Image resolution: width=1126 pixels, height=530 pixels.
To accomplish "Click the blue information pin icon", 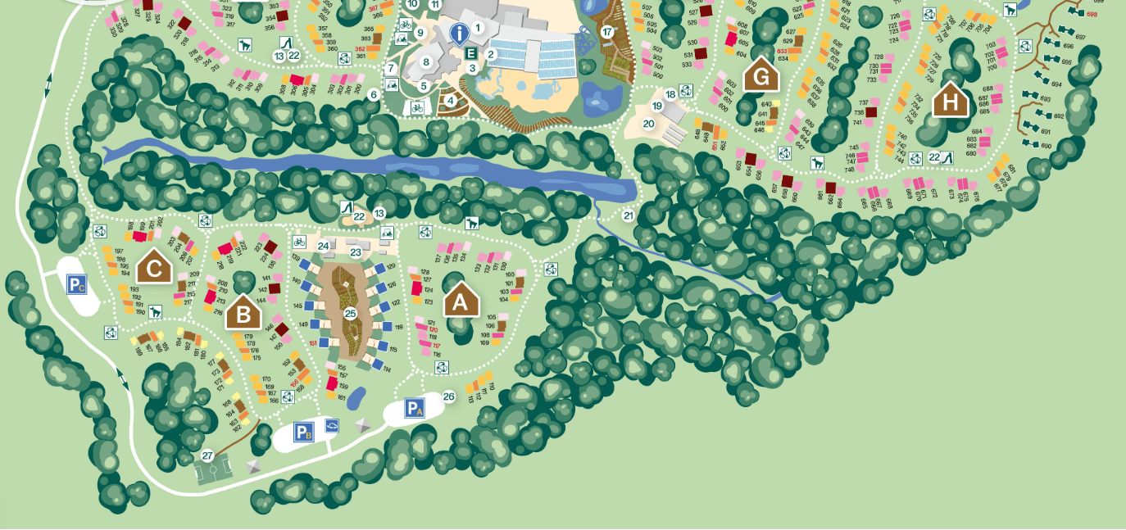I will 460,34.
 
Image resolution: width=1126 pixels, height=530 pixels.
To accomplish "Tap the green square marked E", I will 471,53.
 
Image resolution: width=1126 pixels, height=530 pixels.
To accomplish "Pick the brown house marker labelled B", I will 243,313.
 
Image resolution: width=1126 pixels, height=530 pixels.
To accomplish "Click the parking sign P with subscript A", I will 415,407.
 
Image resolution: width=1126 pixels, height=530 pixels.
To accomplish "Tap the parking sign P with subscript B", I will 304,432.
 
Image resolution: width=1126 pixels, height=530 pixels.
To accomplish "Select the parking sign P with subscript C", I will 77,284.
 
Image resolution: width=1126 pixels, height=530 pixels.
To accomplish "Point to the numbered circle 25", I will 350,313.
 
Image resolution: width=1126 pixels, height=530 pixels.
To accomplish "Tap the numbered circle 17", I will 606,32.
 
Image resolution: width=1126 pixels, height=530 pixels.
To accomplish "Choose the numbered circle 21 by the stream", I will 628,215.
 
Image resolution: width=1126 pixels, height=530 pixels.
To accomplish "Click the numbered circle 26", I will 448,396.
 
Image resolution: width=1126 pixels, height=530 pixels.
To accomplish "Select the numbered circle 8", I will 425,61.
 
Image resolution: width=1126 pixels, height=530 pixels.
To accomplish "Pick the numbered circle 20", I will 648,124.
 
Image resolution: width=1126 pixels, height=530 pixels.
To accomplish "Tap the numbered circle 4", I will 449,101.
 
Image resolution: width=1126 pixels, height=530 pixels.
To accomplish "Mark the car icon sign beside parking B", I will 331,425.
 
